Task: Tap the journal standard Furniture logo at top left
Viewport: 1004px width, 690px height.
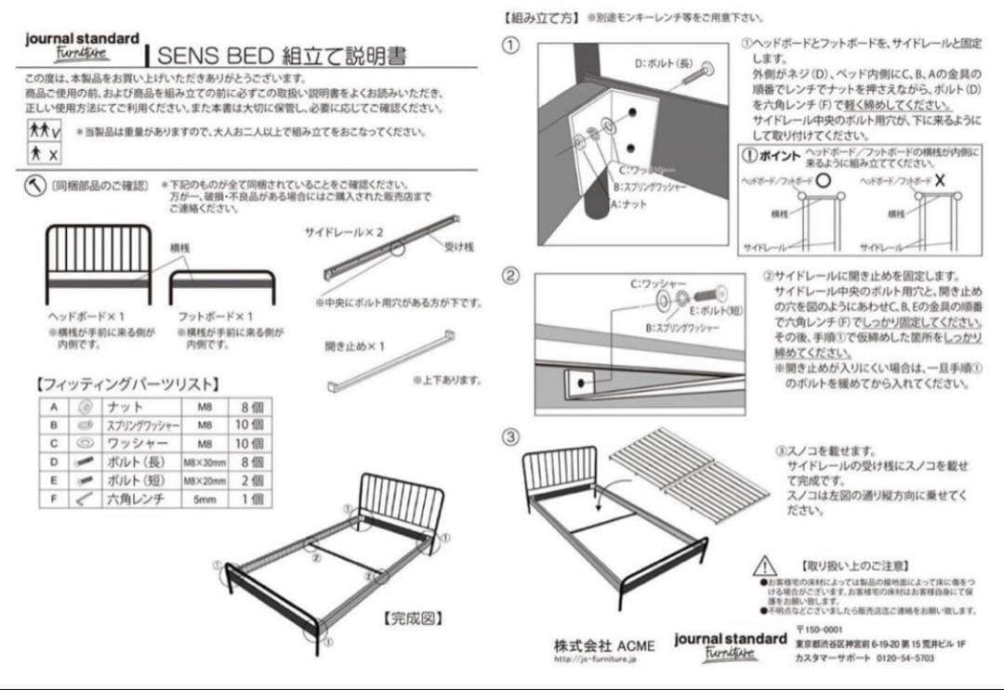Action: click(x=82, y=46)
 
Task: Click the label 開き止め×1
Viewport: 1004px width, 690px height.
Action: click(x=354, y=346)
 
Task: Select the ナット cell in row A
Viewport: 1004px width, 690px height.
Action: click(x=125, y=407)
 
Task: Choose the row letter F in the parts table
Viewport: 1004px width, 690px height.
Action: click(x=54, y=499)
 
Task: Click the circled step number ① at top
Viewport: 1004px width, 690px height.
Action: click(x=510, y=45)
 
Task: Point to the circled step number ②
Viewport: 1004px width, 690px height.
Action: click(x=510, y=276)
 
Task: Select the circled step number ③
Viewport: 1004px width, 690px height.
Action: click(x=510, y=436)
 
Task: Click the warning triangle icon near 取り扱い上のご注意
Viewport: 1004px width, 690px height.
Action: click(x=764, y=565)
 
